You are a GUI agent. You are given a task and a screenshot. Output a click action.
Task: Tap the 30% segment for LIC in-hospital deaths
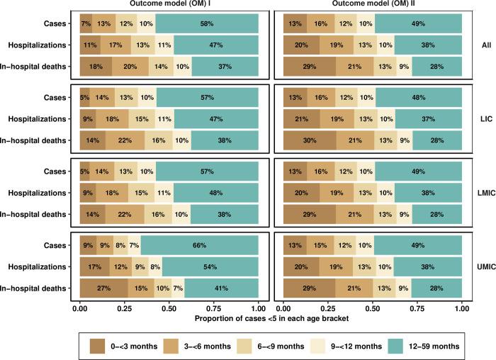310,140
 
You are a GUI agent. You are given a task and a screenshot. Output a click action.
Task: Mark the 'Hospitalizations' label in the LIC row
38,120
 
